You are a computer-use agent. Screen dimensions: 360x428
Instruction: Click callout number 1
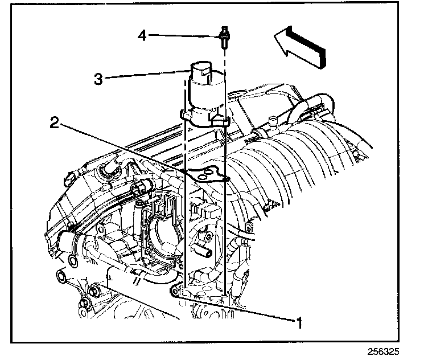(x=297, y=323)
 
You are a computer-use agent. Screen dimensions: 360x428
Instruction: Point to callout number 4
(x=142, y=36)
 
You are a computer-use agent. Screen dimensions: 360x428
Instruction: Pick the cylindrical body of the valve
(x=204, y=95)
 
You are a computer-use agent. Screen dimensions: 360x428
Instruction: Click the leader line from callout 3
(x=148, y=74)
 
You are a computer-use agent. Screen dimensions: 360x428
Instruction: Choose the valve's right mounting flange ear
(x=224, y=120)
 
